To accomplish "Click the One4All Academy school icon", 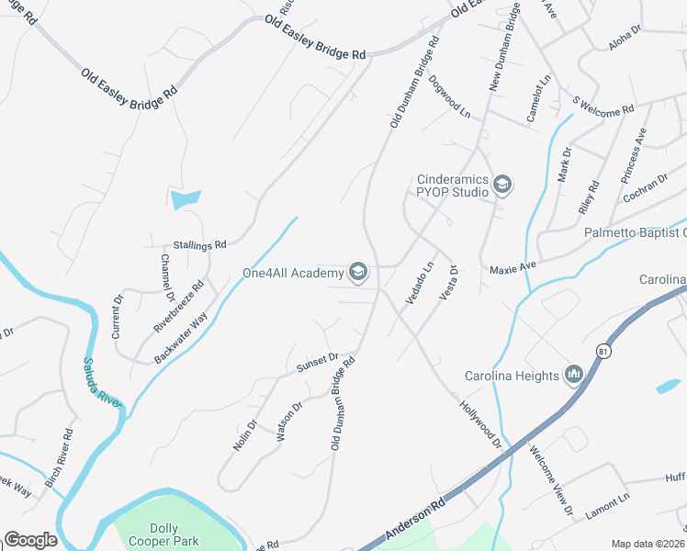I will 358,271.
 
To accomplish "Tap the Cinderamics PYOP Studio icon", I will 502,186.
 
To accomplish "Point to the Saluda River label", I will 103,385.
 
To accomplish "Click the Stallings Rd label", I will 199,246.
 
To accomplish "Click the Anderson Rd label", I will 414,520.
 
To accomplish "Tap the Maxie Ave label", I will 512,266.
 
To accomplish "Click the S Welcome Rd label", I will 603,106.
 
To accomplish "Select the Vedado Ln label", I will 420,286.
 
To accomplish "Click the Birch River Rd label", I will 62,456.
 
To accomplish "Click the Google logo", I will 30,540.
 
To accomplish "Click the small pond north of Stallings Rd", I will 185,197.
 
